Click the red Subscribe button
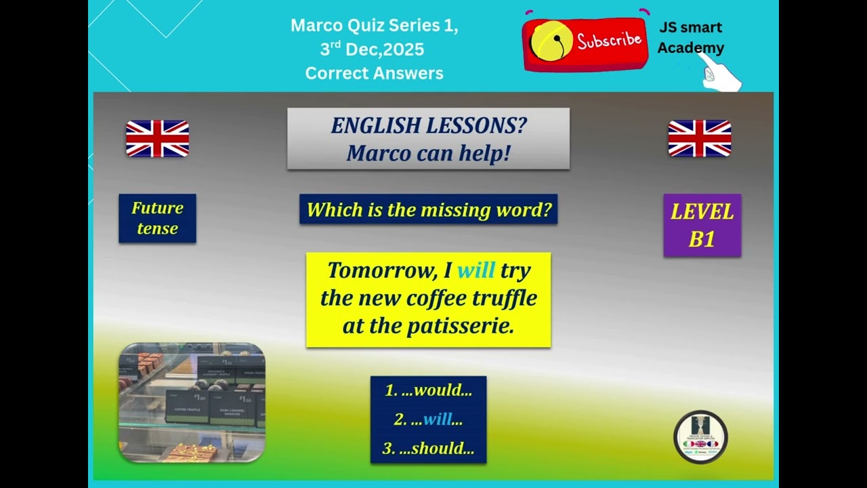pos(586,43)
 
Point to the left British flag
pos(157,138)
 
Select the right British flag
pos(700,138)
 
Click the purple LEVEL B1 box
pos(702,225)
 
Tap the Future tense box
pos(157,218)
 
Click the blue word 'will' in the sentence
pos(476,270)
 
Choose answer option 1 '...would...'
pos(428,390)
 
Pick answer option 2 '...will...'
pos(428,420)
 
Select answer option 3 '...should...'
pos(428,449)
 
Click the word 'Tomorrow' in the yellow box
pos(381,270)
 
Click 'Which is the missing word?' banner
pos(428,210)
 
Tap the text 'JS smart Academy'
pos(690,37)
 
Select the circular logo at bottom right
pos(700,437)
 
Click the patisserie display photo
pos(192,402)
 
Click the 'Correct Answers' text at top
pos(374,73)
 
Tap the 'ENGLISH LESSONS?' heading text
pos(428,125)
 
